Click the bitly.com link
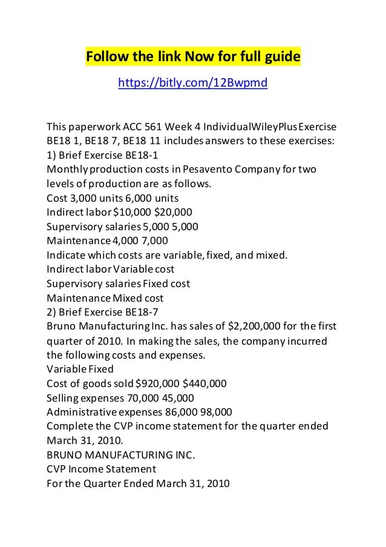tap(192, 82)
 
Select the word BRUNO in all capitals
tap(64, 454)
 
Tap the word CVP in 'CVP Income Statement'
tap(56, 468)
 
